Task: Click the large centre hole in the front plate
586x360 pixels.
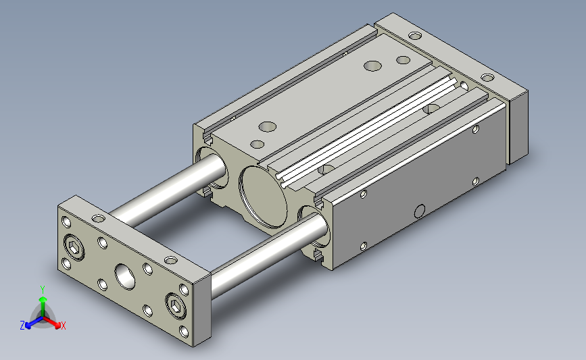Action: click(x=125, y=277)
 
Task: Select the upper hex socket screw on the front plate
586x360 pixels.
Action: click(x=74, y=247)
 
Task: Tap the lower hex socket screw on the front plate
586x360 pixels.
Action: click(x=176, y=306)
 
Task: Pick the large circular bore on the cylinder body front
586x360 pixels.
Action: click(x=264, y=197)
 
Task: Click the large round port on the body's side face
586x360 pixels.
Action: click(x=420, y=211)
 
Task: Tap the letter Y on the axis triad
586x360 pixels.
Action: click(x=43, y=290)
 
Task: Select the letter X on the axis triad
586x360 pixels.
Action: click(x=63, y=326)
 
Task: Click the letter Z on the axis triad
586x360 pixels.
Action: click(x=22, y=326)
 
